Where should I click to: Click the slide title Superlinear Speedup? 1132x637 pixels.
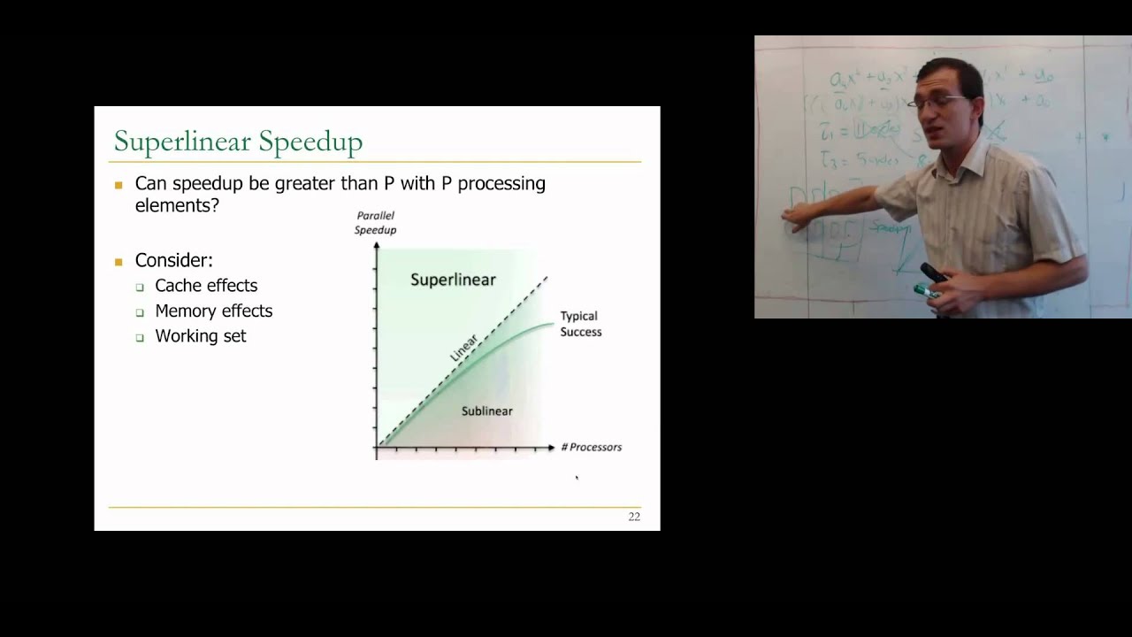[238, 142]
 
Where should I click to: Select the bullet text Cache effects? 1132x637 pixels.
[206, 286]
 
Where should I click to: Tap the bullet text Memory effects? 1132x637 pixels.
[213, 311]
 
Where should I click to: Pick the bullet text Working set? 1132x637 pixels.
[200, 336]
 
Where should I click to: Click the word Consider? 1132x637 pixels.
[173, 261]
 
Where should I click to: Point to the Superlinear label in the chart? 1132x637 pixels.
[453, 280]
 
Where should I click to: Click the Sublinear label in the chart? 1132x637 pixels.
[486, 411]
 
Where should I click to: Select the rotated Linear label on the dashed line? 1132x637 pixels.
[464, 347]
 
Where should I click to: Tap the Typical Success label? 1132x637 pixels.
[580, 324]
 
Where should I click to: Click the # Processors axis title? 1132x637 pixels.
[592, 448]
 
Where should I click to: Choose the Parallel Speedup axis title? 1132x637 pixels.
[375, 223]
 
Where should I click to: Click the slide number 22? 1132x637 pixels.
[634, 517]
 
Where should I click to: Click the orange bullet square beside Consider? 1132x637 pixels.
[119, 262]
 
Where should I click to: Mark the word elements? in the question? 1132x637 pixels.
[177, 205]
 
